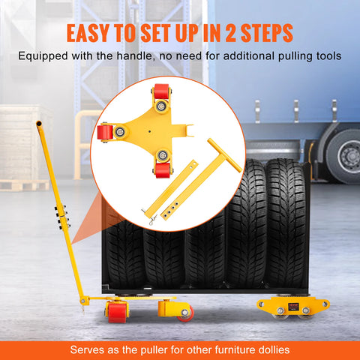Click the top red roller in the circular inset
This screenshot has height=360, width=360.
coord(161,94)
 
